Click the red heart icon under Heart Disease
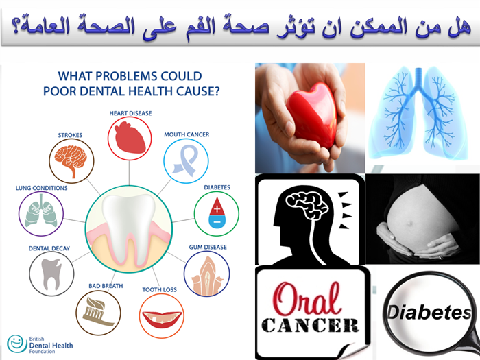pos(130,137)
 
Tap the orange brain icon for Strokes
pos(71,160)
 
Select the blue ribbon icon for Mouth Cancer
pos(185,160)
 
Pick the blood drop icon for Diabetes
pos(217,213)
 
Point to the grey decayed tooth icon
pos(51,274)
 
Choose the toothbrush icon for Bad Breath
pos(98,311)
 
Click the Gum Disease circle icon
pos(207,274)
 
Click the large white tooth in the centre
pos(129,226)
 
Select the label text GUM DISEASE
pos(208,247)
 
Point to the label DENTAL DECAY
pos(49,248)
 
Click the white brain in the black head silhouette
pos(306,204)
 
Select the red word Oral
pos(307,299)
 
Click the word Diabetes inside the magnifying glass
pos(429,312)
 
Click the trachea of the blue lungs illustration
pos(418,77)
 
